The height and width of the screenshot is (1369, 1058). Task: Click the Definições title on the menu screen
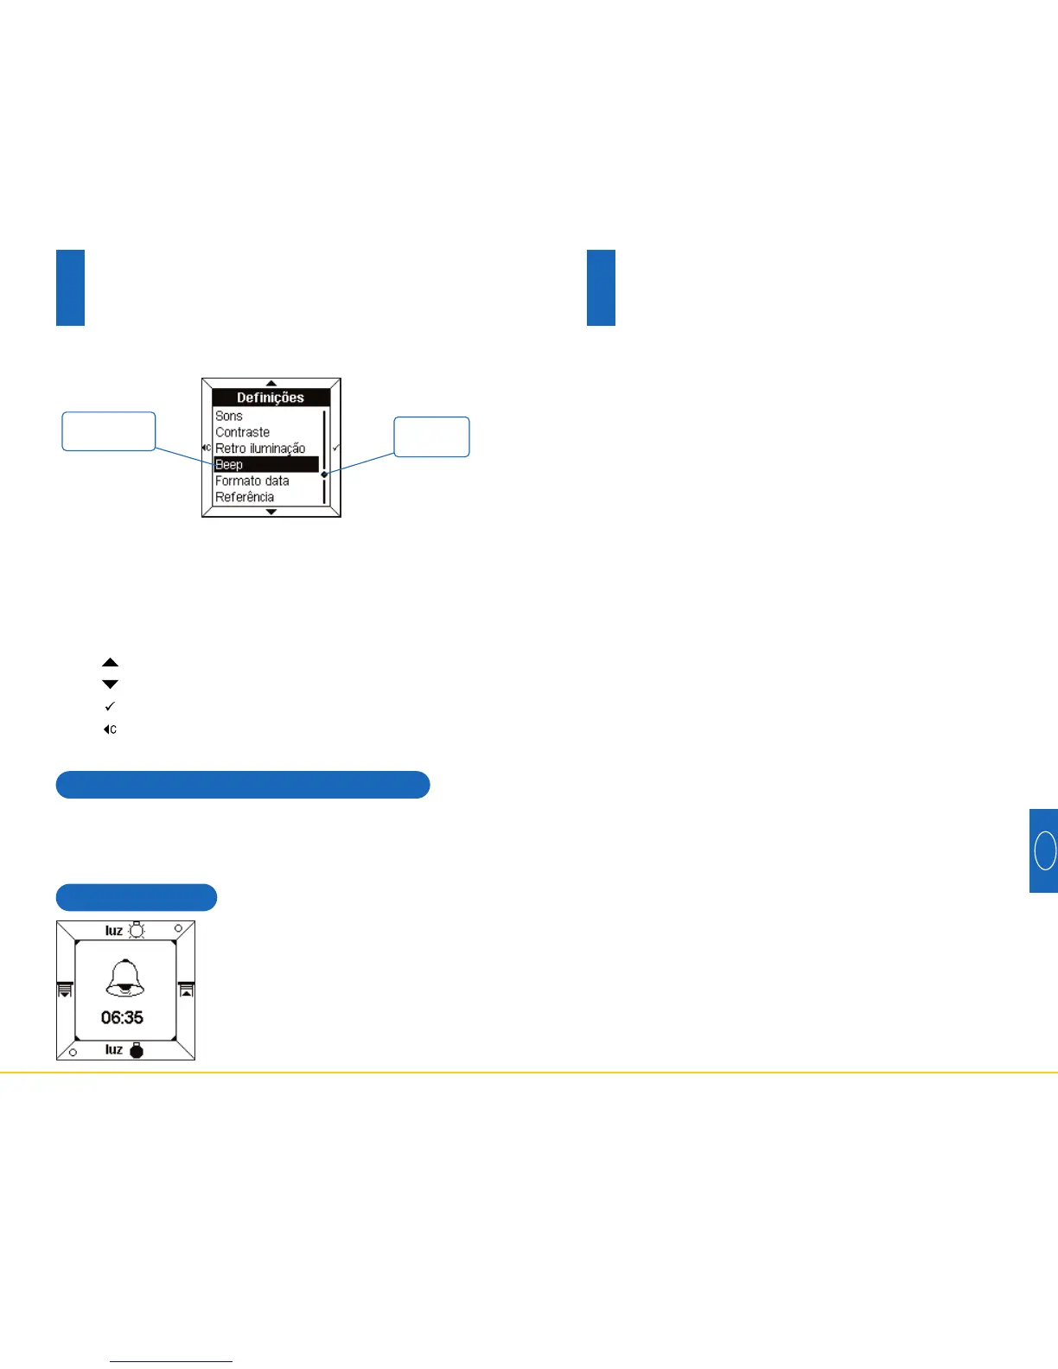271,398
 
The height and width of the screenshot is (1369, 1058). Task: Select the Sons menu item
229,416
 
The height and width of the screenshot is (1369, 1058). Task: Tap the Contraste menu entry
242,432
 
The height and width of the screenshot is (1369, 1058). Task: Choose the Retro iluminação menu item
260,449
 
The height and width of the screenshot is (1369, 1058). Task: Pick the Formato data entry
252,481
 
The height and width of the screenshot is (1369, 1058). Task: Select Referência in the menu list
245,497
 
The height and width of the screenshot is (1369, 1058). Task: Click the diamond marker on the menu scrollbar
324,474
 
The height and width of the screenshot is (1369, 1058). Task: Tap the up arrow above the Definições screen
271,383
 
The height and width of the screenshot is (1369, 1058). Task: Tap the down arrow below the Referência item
271,512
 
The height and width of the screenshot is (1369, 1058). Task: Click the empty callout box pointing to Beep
109,431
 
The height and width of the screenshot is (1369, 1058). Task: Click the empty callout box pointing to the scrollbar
431,436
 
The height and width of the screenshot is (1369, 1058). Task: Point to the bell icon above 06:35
124,978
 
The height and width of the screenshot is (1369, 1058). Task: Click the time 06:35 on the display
122,1018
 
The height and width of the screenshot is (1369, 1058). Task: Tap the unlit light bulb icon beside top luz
137,931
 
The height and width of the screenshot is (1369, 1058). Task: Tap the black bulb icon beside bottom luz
137,1051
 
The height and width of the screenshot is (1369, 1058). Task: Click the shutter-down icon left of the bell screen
65,990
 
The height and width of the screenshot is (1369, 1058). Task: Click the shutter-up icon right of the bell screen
186,990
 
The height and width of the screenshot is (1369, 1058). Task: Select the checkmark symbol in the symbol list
110,707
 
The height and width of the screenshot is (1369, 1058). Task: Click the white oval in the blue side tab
1045,850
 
